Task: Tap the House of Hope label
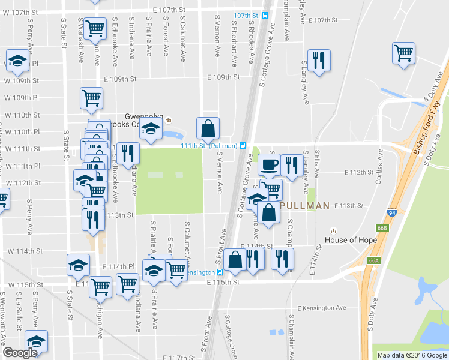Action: coord(351,240)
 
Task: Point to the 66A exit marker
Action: coord(375,260)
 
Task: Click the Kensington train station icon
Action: coord(220,272)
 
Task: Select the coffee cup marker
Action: coord(269,164)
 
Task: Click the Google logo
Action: coord(19,353)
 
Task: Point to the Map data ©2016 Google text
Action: coord(411,355)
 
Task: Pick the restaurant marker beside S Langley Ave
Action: coord(317,61)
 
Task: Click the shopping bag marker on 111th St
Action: coord(208,128)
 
